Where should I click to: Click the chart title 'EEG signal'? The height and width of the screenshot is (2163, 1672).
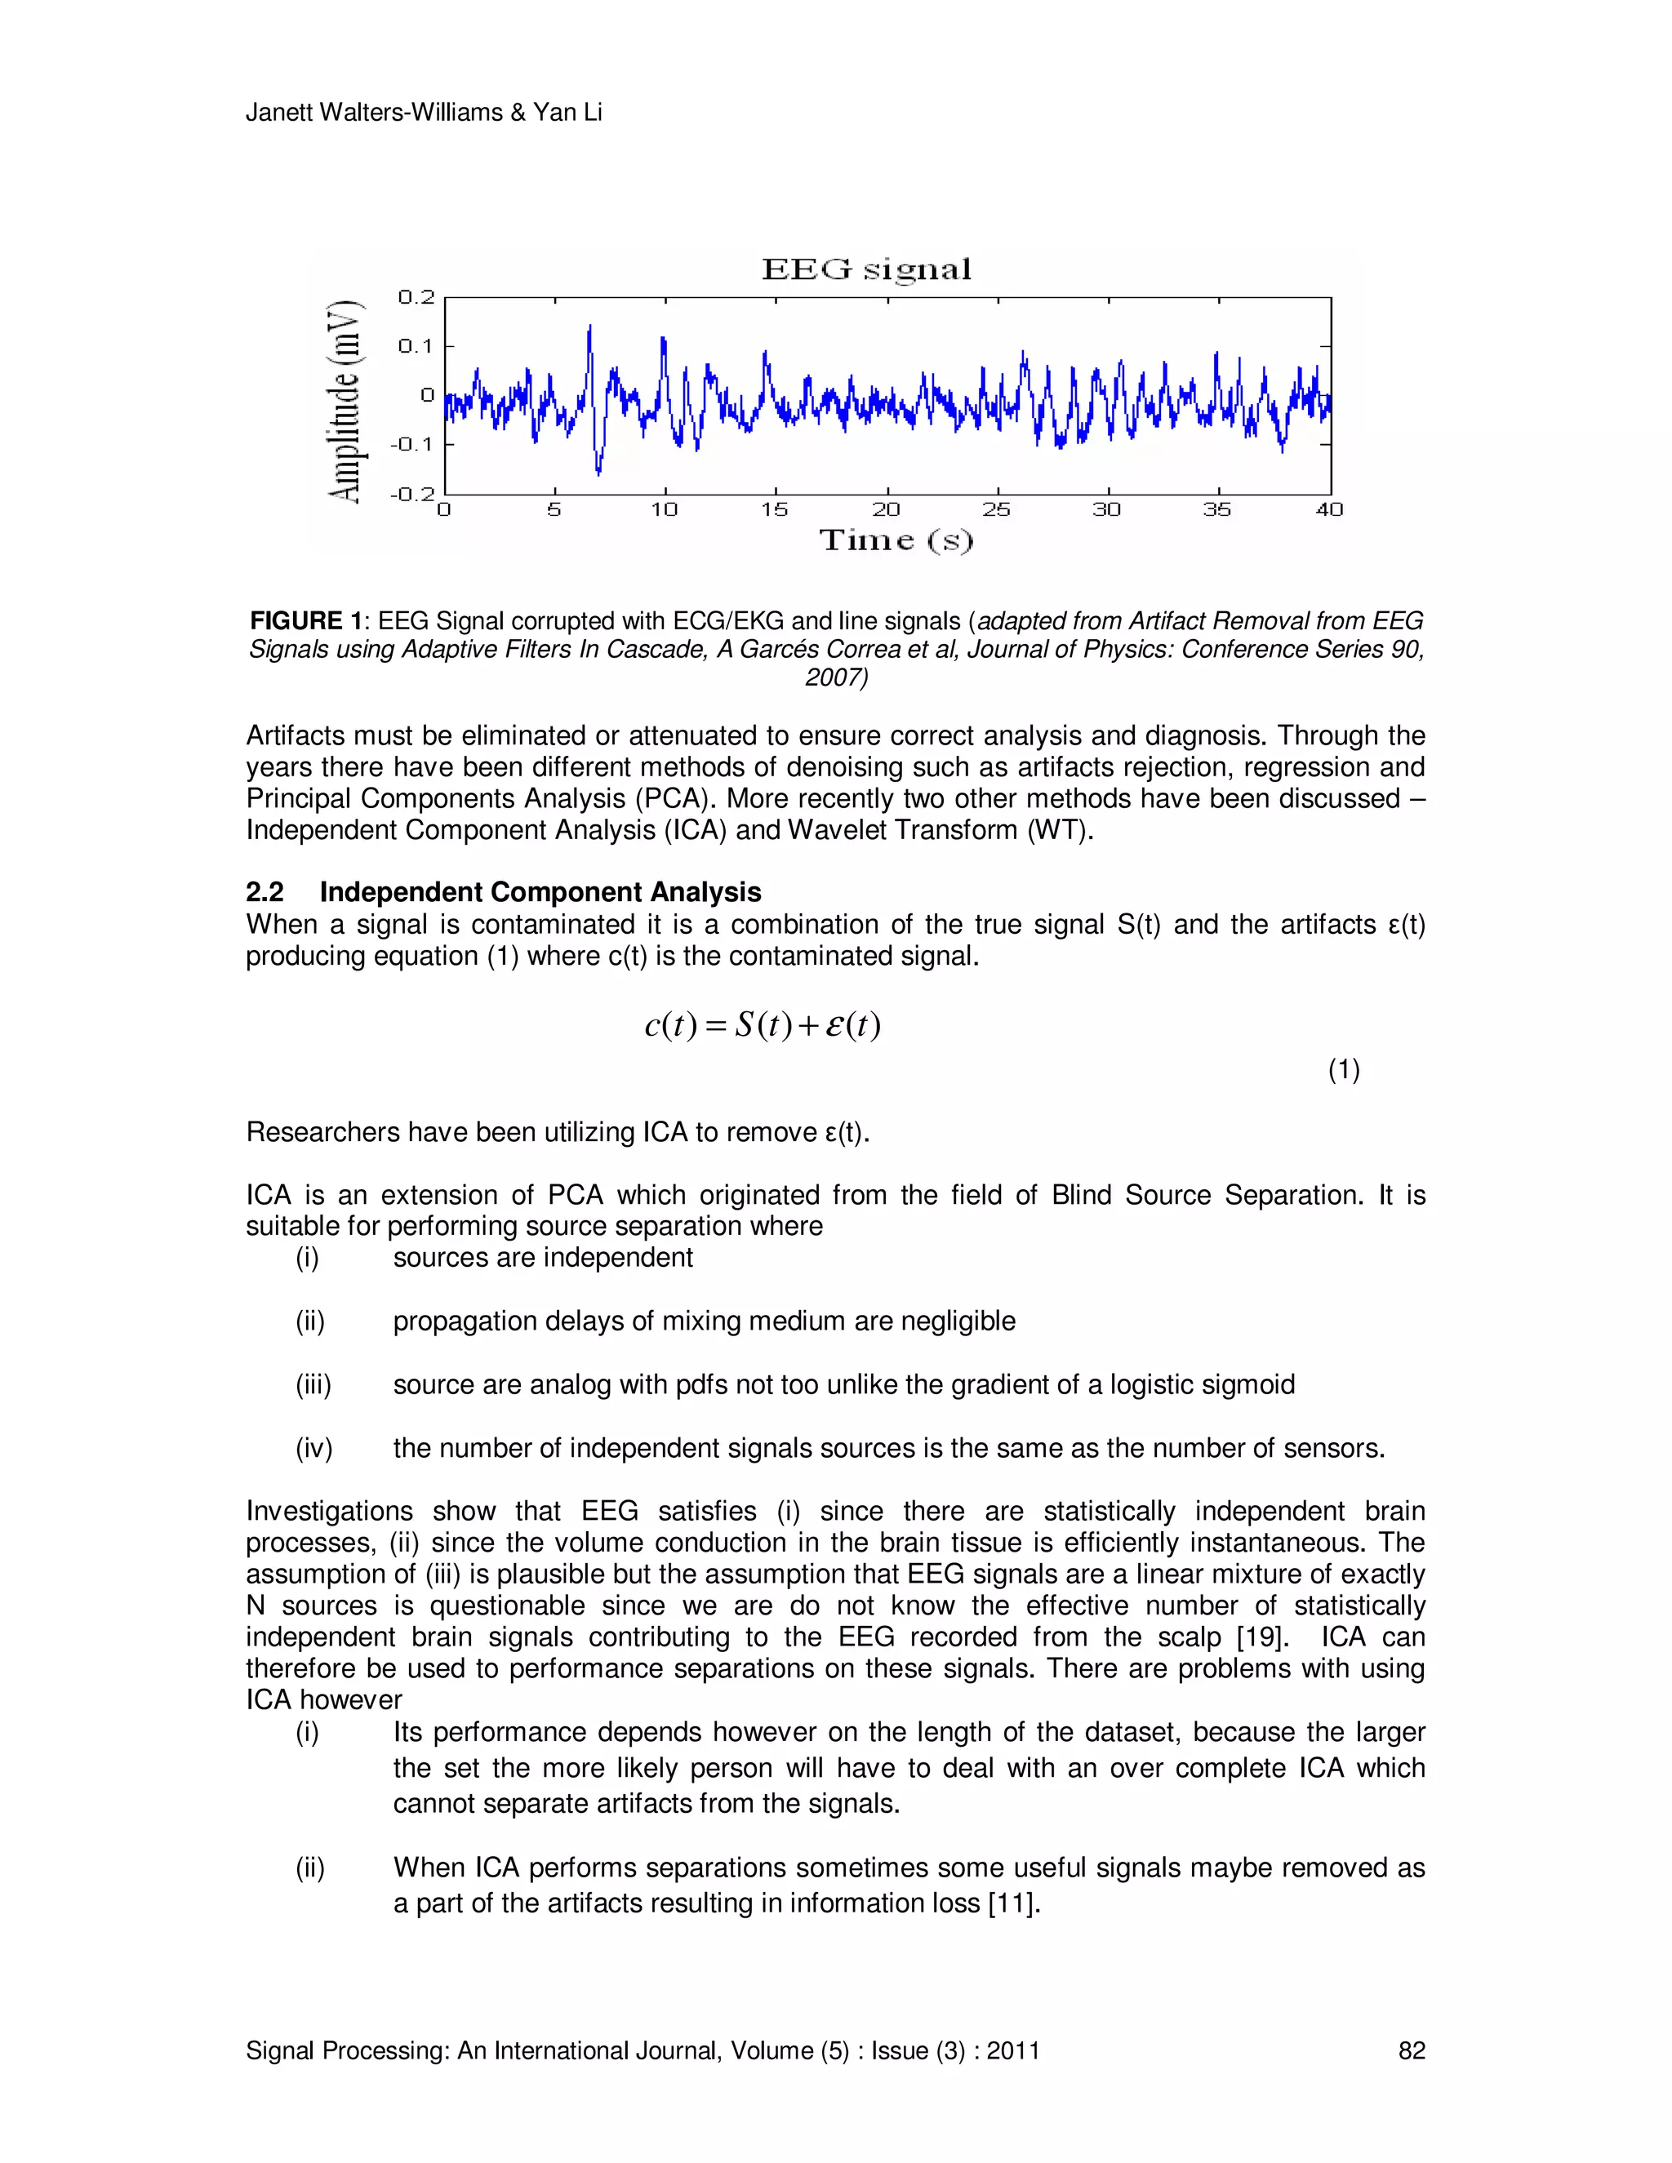(867, 269)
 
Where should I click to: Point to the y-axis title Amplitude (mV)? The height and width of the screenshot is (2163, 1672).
(344, 401)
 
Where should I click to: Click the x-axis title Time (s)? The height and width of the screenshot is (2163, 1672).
(896, 540)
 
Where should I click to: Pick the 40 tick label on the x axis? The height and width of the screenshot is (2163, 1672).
(1329, 510)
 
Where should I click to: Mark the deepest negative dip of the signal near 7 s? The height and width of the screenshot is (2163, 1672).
(598, 472)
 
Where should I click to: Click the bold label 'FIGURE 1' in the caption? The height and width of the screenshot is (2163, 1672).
(306, 621)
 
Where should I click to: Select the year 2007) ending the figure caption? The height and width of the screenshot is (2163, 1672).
(836, 677)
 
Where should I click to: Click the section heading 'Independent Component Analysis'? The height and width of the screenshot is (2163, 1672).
(540, 892)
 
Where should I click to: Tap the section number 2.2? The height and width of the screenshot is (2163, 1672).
(265, 892)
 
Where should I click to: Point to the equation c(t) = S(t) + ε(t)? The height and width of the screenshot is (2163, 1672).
(763, 1025)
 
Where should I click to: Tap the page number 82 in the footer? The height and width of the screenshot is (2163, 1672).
(1411, 2051)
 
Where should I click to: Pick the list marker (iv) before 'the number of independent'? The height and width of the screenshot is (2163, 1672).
(314, 1449)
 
